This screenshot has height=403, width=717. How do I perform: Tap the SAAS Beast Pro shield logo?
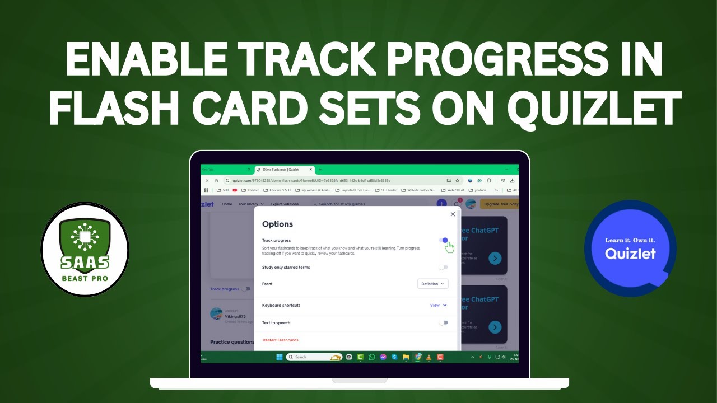[x=85, y=249]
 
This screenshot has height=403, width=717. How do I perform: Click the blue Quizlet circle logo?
[x=630, y=248]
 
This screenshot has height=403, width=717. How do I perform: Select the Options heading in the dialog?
[x=277, y=224]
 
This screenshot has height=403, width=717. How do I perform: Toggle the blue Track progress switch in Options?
[x=444, y=240]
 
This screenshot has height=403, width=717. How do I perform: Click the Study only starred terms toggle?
[x=443, y=268]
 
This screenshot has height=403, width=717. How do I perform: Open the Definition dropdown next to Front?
[x=432, y=284]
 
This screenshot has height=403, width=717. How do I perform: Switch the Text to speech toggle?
[x=443, y=323]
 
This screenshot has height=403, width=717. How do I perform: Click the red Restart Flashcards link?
[x=280, y=340]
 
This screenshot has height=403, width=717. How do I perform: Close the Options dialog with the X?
[x=453, y=214]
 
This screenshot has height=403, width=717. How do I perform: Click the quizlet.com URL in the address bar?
[x=311, y=181]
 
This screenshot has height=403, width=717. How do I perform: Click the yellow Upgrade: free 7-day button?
[x=499, y=204]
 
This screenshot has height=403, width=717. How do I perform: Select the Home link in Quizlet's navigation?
[x=227, y=204]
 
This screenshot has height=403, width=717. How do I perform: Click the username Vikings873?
[x=235, y=317]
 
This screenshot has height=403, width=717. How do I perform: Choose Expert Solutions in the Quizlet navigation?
[x=285, y=204]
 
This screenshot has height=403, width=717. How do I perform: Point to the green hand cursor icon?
[x=450, y=247]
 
